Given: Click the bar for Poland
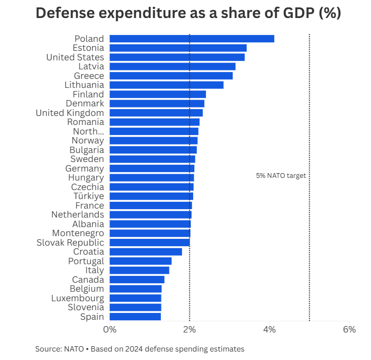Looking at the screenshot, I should (192, 39).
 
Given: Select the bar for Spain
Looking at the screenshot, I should (135, 317).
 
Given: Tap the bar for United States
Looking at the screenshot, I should (177, 57).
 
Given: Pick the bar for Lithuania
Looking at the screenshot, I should (166, 85).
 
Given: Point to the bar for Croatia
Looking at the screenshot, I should (146, 251).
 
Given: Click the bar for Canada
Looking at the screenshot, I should (137, 280).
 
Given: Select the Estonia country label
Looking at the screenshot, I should (88, 48).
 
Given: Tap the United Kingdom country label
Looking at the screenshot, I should (70, 113).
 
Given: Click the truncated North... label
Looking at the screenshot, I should (88, 131).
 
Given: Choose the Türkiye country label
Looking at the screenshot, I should (89, 196).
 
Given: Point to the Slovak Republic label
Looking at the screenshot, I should (70, 242).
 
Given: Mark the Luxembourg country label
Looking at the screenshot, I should (77, 298).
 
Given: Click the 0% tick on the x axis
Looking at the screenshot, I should (110, 329).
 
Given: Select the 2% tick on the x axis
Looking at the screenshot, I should (189, 329).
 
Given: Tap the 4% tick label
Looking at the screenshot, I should (269, 329).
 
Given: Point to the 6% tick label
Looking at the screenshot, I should (349, 329).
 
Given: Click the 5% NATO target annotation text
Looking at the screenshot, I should (281, 176).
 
